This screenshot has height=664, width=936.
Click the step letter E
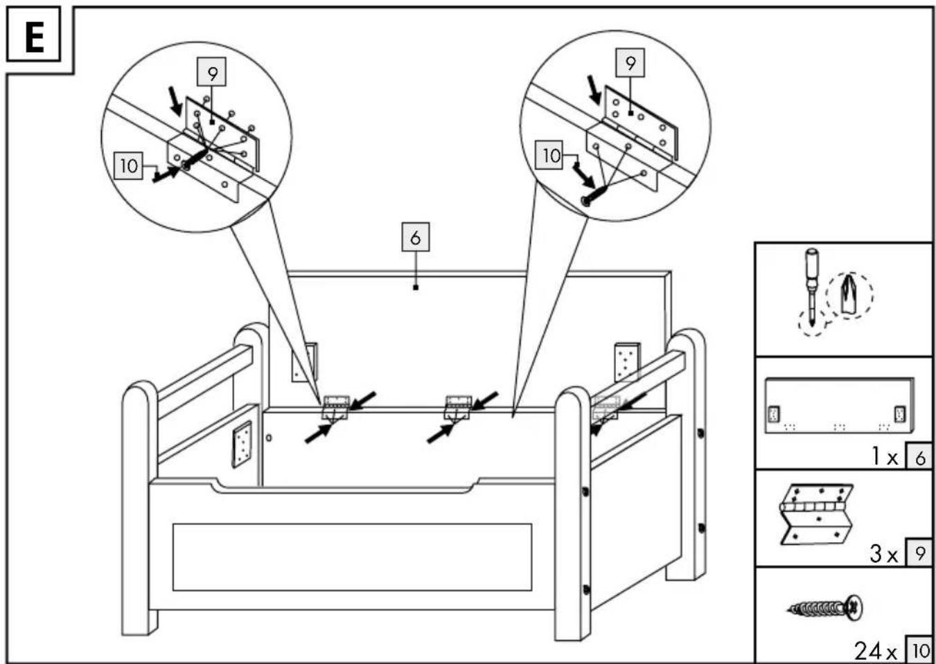35,37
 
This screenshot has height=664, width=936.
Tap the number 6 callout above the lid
416,237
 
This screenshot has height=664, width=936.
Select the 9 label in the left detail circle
212,72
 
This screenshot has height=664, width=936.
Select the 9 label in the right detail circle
630,63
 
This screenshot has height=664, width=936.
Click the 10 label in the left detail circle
128,165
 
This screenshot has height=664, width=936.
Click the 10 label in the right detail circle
549,155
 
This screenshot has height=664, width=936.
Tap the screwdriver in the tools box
811,287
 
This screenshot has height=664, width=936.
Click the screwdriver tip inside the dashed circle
847,297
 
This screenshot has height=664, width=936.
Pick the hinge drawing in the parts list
815,514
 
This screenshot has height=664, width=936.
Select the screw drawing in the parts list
825,609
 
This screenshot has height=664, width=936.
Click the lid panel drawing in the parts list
840,406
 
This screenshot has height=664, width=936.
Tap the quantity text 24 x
876,651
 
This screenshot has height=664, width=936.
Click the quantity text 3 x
884,554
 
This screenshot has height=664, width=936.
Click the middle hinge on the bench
458,407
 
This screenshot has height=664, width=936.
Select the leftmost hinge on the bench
335,407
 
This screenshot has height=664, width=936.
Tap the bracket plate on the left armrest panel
242,445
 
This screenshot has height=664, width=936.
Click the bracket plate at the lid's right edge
627,362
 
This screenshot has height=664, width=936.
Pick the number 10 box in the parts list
920,651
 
